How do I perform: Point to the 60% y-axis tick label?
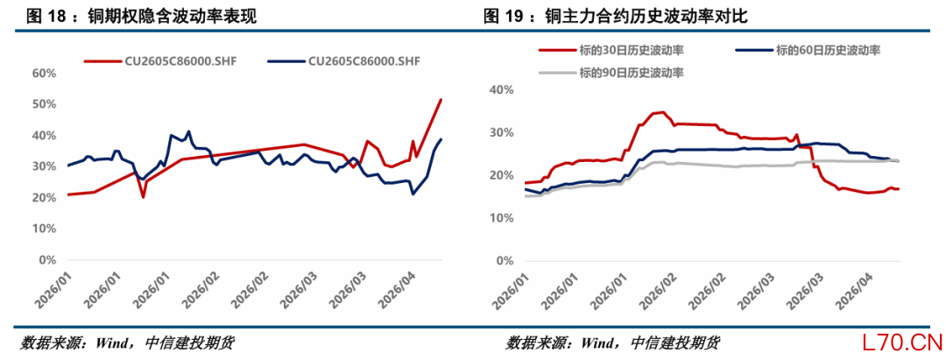point(44,73)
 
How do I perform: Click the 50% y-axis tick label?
point(44,104)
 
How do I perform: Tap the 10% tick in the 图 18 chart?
point(44,229)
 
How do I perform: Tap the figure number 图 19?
point(525,17)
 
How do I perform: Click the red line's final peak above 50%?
point(441,100)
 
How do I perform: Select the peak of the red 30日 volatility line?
point(662,112)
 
